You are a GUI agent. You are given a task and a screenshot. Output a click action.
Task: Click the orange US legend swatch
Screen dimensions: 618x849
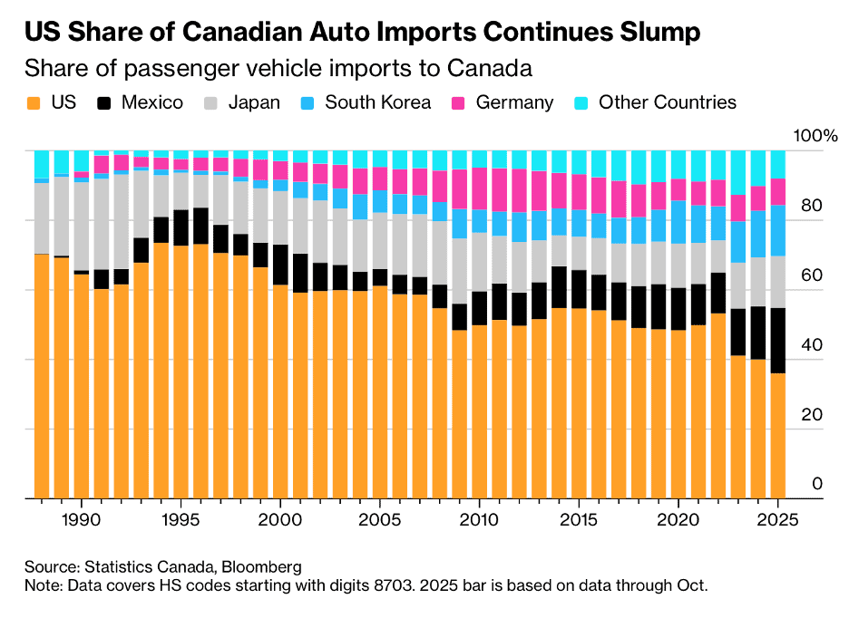[x=34, y=102]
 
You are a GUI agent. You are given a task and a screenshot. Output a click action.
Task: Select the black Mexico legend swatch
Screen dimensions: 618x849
[x=106, y=102]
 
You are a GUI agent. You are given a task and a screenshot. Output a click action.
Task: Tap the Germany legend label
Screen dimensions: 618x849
[x=513, y=102]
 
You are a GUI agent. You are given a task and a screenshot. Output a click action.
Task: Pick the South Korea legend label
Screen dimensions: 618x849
[x=377, y=102]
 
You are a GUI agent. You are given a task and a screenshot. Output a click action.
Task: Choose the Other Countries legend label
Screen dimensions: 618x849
[x=668, y=102]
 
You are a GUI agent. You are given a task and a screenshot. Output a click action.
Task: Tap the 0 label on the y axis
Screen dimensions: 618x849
[x=816, y=484]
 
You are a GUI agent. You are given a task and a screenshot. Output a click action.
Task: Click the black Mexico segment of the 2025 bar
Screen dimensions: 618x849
[x=778, y=341]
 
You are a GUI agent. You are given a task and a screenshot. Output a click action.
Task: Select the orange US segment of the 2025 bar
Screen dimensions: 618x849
[x=778, y=435]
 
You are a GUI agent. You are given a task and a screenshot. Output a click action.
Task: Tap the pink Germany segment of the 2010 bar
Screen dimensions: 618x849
[x=480, y=188]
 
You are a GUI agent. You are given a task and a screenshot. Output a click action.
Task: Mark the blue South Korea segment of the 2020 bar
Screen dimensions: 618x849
[x=678, y=222]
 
